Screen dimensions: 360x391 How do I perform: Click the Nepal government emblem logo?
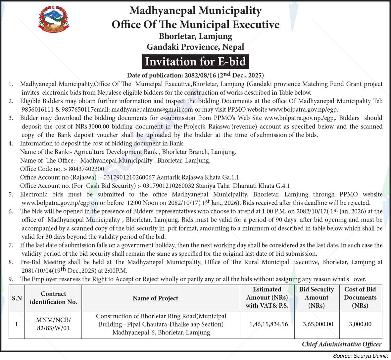point(54,20)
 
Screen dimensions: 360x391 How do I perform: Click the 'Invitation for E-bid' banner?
point(195,62)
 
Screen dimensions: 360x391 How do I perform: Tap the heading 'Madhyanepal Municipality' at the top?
point(195,11)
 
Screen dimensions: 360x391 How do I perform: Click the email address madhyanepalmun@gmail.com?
point(152,110)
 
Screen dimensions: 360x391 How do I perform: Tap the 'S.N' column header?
point(17,298)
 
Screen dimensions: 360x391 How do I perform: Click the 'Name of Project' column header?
point(155,298)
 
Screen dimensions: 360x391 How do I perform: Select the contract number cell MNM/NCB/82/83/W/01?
point(53,324)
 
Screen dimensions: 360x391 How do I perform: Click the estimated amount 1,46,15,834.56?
point(269,324)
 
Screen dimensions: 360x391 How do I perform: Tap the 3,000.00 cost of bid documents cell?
point(360,324)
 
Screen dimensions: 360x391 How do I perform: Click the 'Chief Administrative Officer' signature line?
point(341,344)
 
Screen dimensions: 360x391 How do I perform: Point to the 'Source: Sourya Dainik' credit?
point(360,356)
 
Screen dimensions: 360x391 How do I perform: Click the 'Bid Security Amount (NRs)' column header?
point(316,297)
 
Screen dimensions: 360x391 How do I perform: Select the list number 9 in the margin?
point(11,279)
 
